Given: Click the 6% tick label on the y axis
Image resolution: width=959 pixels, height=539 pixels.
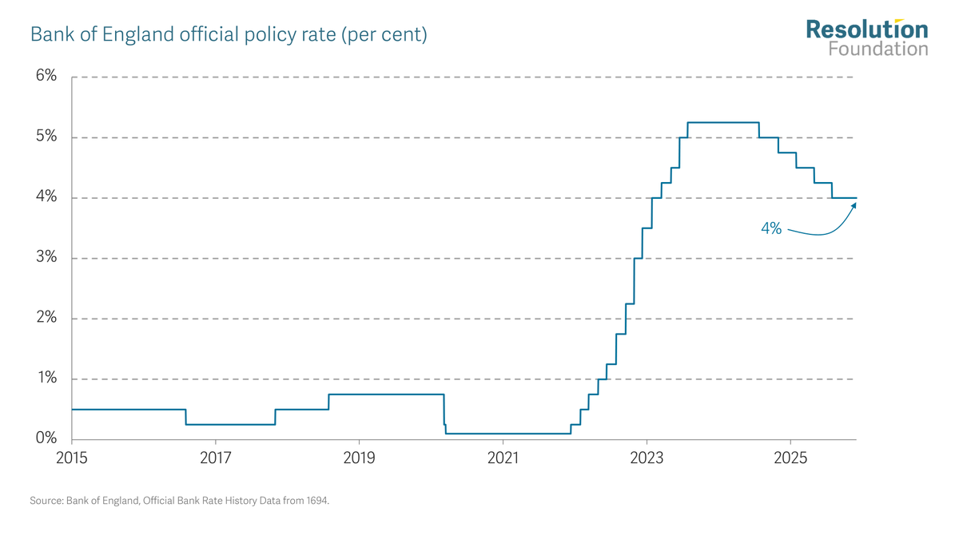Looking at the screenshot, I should [x=46, y=77].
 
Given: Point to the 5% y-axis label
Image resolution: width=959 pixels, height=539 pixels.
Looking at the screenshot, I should [x=46, y=137].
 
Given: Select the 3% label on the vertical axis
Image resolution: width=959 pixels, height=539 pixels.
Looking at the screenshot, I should [x=46, y=257].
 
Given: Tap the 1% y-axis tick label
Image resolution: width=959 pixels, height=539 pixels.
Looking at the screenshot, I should [x=46, y=378].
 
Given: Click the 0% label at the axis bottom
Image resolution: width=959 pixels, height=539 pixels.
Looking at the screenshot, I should [x=46, y=438].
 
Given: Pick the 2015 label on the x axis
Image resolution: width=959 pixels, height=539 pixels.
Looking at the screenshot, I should [x=72, y=459].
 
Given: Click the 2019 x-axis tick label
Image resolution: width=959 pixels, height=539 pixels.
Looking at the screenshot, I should [x=359, y=459].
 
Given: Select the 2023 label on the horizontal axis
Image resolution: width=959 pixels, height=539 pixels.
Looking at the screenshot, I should [x=647, y=459].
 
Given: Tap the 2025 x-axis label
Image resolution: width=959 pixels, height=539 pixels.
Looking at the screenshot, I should [x=790, y=459].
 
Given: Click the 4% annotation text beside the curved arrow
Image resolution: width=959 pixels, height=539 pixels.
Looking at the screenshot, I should [x=770, y=228].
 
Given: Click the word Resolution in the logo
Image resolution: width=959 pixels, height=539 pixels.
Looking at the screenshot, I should [x=866, y=30].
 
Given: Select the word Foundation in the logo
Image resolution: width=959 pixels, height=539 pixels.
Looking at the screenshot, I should [x=877, y=49].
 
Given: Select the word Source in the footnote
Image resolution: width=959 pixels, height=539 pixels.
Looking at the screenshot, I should [x=46, y=501].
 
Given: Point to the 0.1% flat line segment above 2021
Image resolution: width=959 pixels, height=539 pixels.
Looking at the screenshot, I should [x=507, y=433].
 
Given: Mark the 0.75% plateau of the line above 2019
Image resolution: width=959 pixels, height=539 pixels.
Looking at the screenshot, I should [x=386, y=394].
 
